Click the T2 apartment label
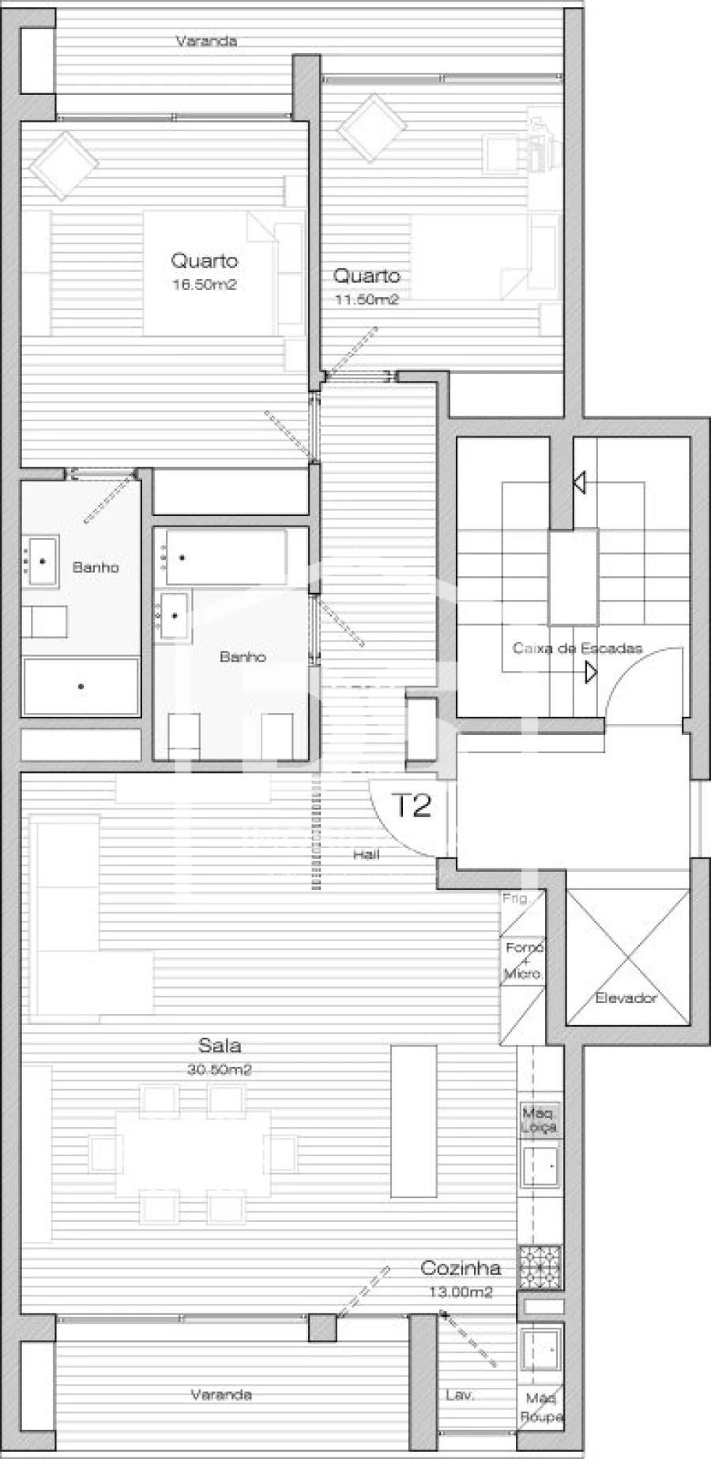412,805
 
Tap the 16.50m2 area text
205,285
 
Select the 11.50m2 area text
366,300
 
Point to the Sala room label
220,1046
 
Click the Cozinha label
460,1269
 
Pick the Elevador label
626,998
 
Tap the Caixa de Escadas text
577,648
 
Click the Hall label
367,854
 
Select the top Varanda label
206,41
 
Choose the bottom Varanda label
221,1395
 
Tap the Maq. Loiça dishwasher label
540,1120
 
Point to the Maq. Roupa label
541,1408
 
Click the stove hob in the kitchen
540,1267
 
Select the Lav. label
460,1396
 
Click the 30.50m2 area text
220,1070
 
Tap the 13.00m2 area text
460,1292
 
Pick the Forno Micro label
523,959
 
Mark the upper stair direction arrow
579,481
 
